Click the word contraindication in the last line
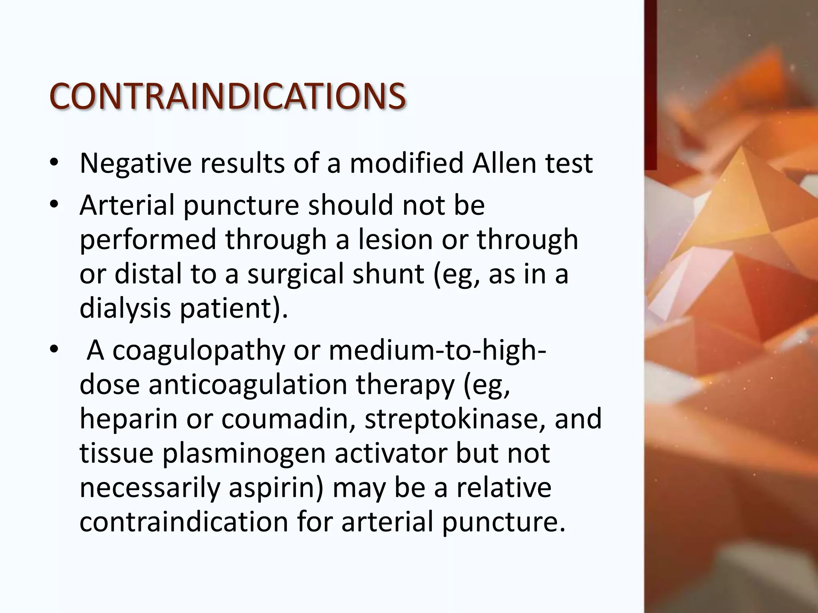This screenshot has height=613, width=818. tap(184, 522)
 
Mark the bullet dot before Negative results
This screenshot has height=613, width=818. tap(54, 163)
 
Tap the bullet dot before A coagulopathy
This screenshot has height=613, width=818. tap(54, 350)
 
